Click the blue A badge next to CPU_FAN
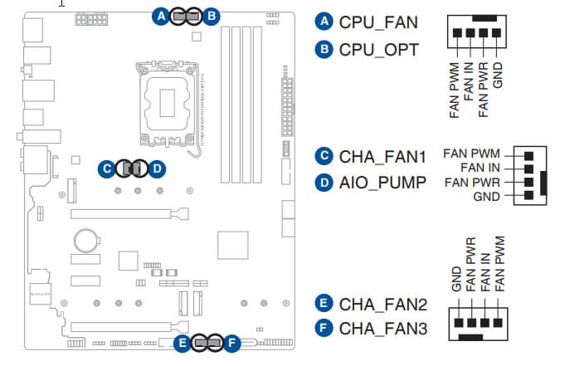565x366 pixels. tap(324, 22)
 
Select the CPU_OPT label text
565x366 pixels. tap(377, 49)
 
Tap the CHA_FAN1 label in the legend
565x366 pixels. tap(382, 155)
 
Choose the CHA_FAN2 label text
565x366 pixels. tap(382, 303)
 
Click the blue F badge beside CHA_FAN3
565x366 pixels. tap(324, 329)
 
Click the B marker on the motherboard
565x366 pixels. tap(212, 15)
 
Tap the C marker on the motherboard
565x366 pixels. tap(105, 168)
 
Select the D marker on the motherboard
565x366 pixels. tap(157, 168)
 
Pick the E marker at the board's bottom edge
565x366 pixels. tap(181, 342)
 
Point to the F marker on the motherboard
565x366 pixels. tap(231, 342)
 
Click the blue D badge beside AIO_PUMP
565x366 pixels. tap(324, 182)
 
